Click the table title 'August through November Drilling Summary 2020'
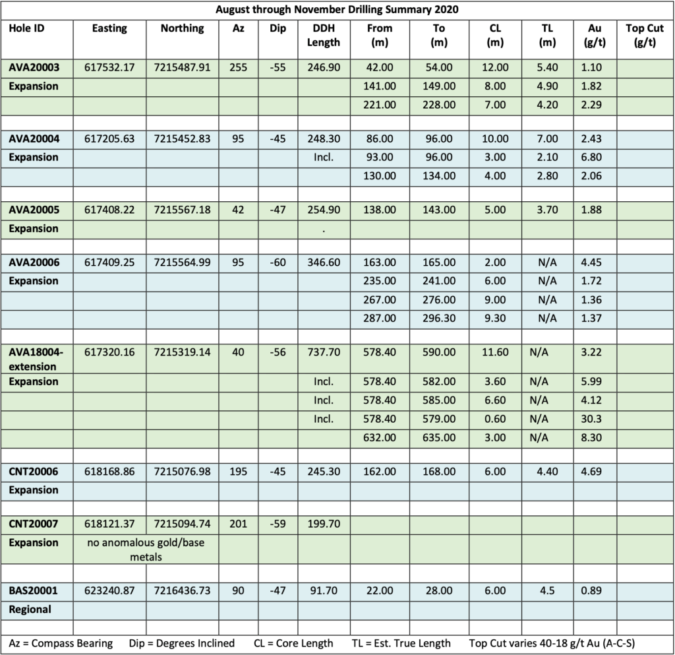(337, 10)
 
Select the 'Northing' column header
(183, 28)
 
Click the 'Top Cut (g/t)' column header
(645, 36)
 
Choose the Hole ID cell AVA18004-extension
(36, 359)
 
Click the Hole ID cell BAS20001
(33, 591)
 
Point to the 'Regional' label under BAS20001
(30, 609)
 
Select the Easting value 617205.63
(110, 139)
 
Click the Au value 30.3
(590, 419)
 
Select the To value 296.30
(438, 319)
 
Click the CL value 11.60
(495, 352)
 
